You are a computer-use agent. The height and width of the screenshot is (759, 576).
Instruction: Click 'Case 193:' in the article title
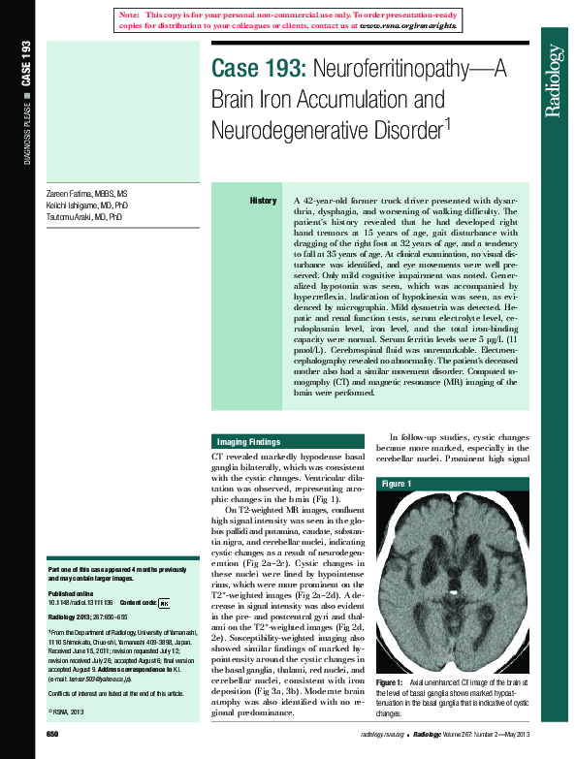pos(258,70)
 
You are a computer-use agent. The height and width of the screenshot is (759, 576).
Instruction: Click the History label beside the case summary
pos(263,201)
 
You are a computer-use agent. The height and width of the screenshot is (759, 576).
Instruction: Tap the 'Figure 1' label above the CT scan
pos(397,483)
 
